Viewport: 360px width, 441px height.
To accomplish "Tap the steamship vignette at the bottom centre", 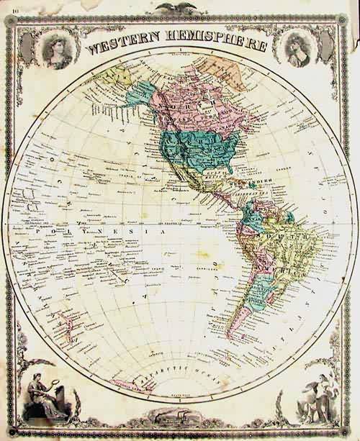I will (x=178, y=417).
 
